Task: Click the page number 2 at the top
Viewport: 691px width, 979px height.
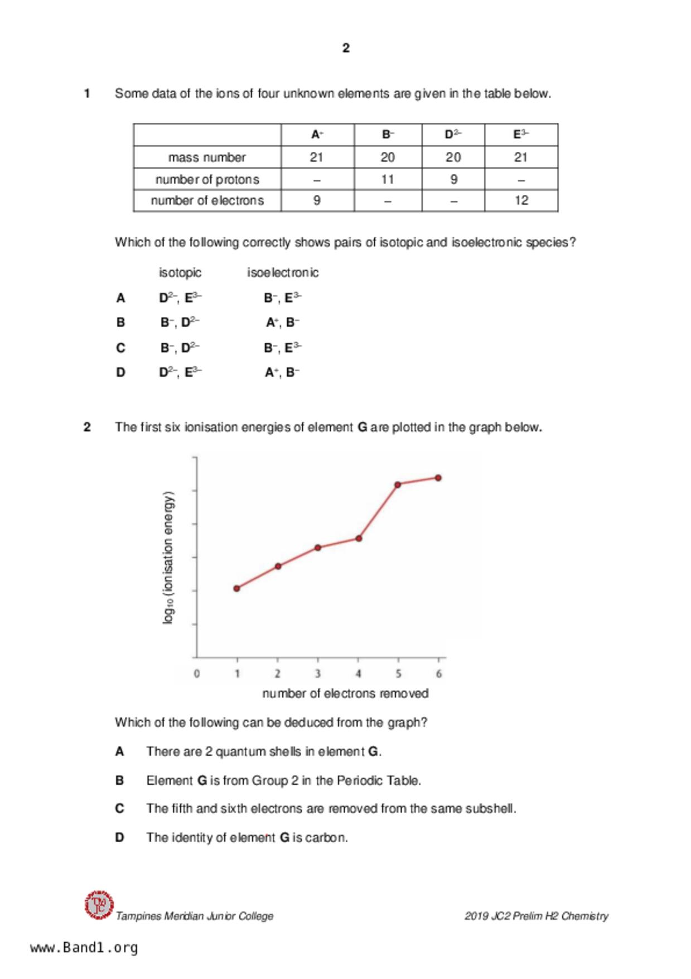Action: click(x=346, y=48)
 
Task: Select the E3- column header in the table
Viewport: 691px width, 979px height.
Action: click(x=521, y=135)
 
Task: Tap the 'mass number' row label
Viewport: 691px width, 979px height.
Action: click(x=207, y=157)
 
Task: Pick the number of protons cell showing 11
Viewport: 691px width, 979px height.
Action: click(x=388, y=179)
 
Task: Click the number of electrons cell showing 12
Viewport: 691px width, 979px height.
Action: click(x=521, y=200)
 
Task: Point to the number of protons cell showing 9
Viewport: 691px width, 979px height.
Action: click(x=453, y=179)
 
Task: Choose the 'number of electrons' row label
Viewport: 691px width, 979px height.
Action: click(x=207, y=200)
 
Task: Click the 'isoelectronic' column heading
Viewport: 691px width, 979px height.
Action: click(x=283, y=272)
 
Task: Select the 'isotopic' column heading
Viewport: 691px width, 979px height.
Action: click(x=180, y=272)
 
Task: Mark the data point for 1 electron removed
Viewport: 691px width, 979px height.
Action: click(x=236, y=588)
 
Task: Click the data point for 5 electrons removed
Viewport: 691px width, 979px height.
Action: click(x=398, y=484)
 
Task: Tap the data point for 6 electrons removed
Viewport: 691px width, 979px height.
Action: click(x=438, y=478)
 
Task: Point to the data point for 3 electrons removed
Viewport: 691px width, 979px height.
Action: click(x=318, y=548)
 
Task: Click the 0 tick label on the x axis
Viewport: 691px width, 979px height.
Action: click(x=196, y=674)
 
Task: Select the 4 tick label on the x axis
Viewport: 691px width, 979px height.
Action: click(x=358, y=674)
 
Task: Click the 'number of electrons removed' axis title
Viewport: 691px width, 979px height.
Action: click(x=345, y=693)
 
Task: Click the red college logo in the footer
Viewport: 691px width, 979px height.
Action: click(x=99, y=905)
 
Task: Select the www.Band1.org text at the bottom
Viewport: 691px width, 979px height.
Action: click(x=84, y=948)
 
